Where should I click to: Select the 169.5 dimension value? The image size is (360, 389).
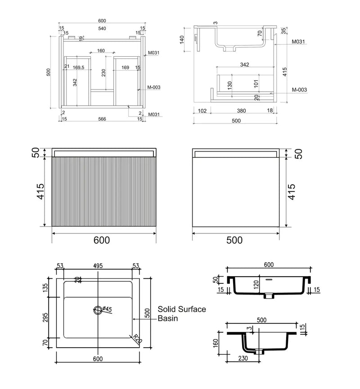[x=78, y=67]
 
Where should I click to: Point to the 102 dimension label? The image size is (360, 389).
[x=202, y=111]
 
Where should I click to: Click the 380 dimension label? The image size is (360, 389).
[x=241, y=111]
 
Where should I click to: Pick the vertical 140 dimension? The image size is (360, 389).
[x=182, y=40]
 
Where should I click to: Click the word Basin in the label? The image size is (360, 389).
[x=167, y=318]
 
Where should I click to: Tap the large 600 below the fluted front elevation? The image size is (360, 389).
[x=102, y=240]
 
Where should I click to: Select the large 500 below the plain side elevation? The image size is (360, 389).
[x=234, y=240]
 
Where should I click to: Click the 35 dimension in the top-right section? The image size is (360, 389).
[x=283, y=31]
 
